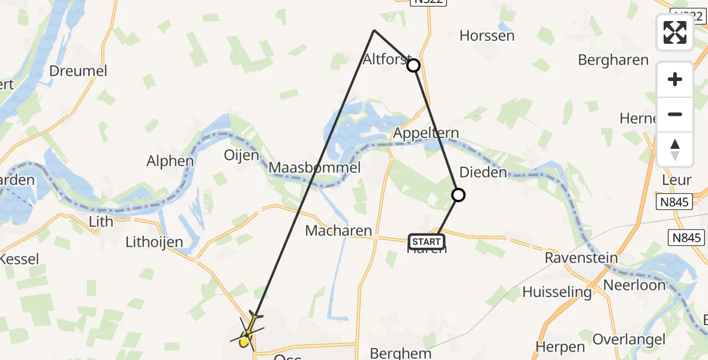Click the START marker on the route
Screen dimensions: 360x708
click(427, 242)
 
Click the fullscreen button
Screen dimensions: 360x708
click(675, 32)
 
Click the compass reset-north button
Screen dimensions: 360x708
click(675, 149)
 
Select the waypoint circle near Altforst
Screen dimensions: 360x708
click(413, 65)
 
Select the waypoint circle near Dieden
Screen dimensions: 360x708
click(458, 194)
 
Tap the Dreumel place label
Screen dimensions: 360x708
click(78, 71)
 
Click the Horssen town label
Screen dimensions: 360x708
click(487, 35)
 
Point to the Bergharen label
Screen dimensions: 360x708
click(613, 60)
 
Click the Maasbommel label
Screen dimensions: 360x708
click(314, 167)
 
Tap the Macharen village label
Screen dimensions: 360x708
click(338, 230)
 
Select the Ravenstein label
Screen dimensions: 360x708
click(581, 258)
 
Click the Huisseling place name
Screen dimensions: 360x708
click(557, 292)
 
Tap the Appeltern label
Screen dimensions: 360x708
click(426, 133)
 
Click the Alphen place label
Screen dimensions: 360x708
click(170, 161)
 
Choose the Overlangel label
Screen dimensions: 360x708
click(629, 340)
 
